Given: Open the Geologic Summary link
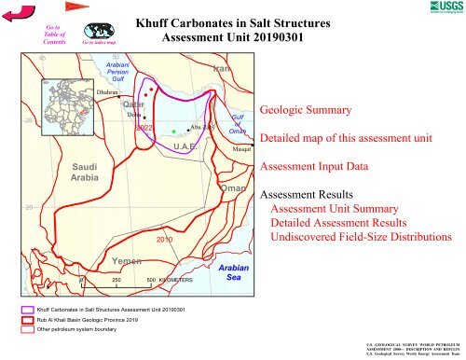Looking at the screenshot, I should click(x=307, y=110).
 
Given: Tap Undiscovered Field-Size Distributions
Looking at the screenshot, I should click(x=361, y=238).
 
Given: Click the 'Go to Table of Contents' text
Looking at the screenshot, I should click(x=52, y=35).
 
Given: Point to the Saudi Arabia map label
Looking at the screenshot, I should click(x=91, y=171).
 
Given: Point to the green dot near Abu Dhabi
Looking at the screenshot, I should click(x=173, y=132).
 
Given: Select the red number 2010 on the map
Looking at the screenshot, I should click(x=166, y=240).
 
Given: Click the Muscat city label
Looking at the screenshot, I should click(x=242, y=148).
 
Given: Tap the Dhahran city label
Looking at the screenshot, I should click(x=110, y=93).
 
